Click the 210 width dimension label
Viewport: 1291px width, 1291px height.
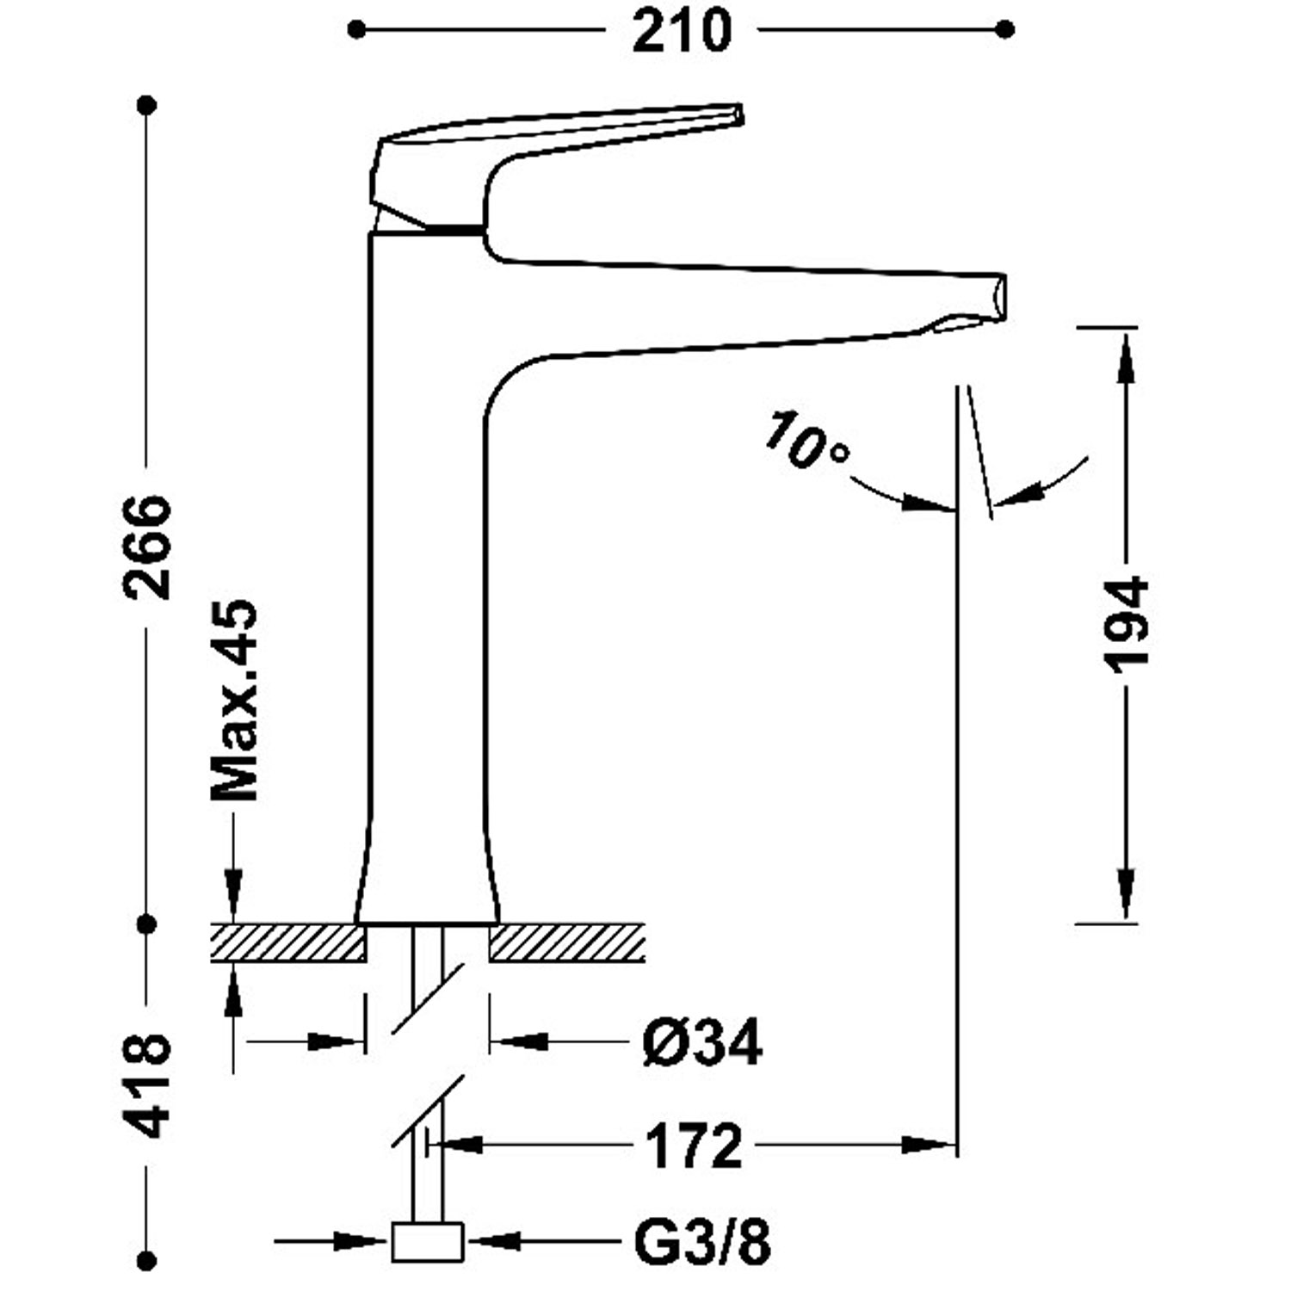tap(681, 32)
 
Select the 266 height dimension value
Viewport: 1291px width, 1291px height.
tap(147, 547)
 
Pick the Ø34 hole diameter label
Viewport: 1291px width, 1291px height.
tap(701, 1042)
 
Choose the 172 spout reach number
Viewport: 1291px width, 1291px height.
tap(693, 1146)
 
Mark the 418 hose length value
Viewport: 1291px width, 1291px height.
tap(147, 1086)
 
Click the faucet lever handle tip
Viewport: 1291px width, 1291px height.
tap(736, 114)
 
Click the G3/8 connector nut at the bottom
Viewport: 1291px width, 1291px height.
tap(428, 1242)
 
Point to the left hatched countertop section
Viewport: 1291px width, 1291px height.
tap(288, 942)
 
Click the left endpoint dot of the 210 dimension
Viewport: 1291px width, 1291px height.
tap(356, 30)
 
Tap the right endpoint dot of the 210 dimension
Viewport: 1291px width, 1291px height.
tap(1004, 30)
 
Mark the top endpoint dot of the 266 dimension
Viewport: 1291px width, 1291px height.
tap(147, 106)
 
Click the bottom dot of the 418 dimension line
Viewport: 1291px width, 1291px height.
tap(147, 1262)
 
